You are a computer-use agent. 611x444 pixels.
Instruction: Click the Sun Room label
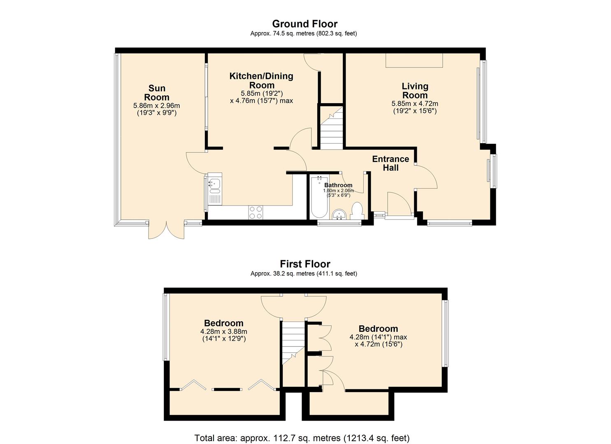pos(156,92)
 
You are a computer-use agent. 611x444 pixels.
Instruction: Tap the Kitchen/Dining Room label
pos(261,81)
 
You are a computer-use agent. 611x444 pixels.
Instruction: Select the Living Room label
pos(415,90)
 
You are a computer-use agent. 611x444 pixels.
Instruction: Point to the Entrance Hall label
pos(390,163)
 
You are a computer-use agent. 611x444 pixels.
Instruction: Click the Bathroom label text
pos(338,185)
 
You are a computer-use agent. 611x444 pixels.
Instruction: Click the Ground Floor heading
pos(304,24)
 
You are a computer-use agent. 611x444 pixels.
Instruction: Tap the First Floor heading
pos(305,264)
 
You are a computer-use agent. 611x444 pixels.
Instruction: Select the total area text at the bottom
pos(302,438)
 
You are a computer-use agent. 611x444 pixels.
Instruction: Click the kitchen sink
pos(215,186)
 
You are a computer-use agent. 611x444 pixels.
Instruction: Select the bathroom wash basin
pos(339,214)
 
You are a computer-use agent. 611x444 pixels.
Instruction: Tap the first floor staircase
pos(293,341)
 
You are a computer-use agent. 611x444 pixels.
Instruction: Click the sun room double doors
pos(166,230)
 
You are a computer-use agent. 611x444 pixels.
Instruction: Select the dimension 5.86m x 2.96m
pos(156,106)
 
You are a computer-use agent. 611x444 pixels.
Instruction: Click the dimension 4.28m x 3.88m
pos(223,332)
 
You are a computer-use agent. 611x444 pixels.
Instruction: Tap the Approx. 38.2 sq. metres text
pos(304,273)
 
